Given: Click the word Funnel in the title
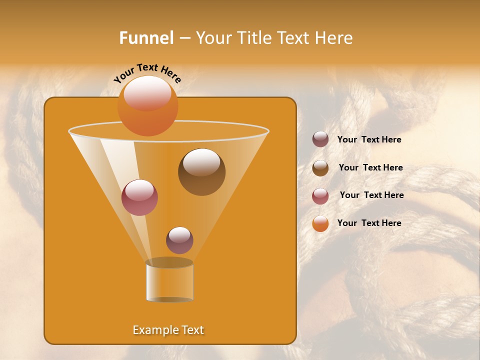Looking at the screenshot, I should pyautogui.click(x=146, y=38).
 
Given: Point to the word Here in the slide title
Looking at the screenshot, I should pyautogui.click(x=333, y=38).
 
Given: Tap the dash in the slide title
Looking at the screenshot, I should pyautogui.click(x=184, y=38).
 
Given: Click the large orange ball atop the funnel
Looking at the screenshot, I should pyautogui.click(x=147, y=106).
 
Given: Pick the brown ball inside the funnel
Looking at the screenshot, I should pyautogui.click(x=201, y=172).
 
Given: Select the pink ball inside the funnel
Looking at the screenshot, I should pyautogui.click(x=139, y=197).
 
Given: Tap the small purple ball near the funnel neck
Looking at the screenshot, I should pyautogui.click(x=179, y=240).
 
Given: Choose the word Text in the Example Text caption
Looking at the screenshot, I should pyautogui.click(x=192, y=330).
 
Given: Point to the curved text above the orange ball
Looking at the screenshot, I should pyautogui.click(x=147, y=73).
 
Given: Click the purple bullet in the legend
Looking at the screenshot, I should pyautogui.click(x=320, y=139).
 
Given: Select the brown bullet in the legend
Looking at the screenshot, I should pyautogui.click(x=320, y=168).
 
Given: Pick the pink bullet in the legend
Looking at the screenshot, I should pyautogui.click(x=320, y=196).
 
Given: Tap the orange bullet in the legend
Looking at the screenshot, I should pyautogui.click(x=320, y=223).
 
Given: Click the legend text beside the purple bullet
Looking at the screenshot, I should pyautogui.click(x=369, y=139).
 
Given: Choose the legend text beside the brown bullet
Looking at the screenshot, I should pyautogui.click(x=370, y=167).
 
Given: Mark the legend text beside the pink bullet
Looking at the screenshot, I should pyautogui.click(x=371, y=195).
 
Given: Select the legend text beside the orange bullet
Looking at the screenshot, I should pyautogui.click(x=369, y=223).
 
